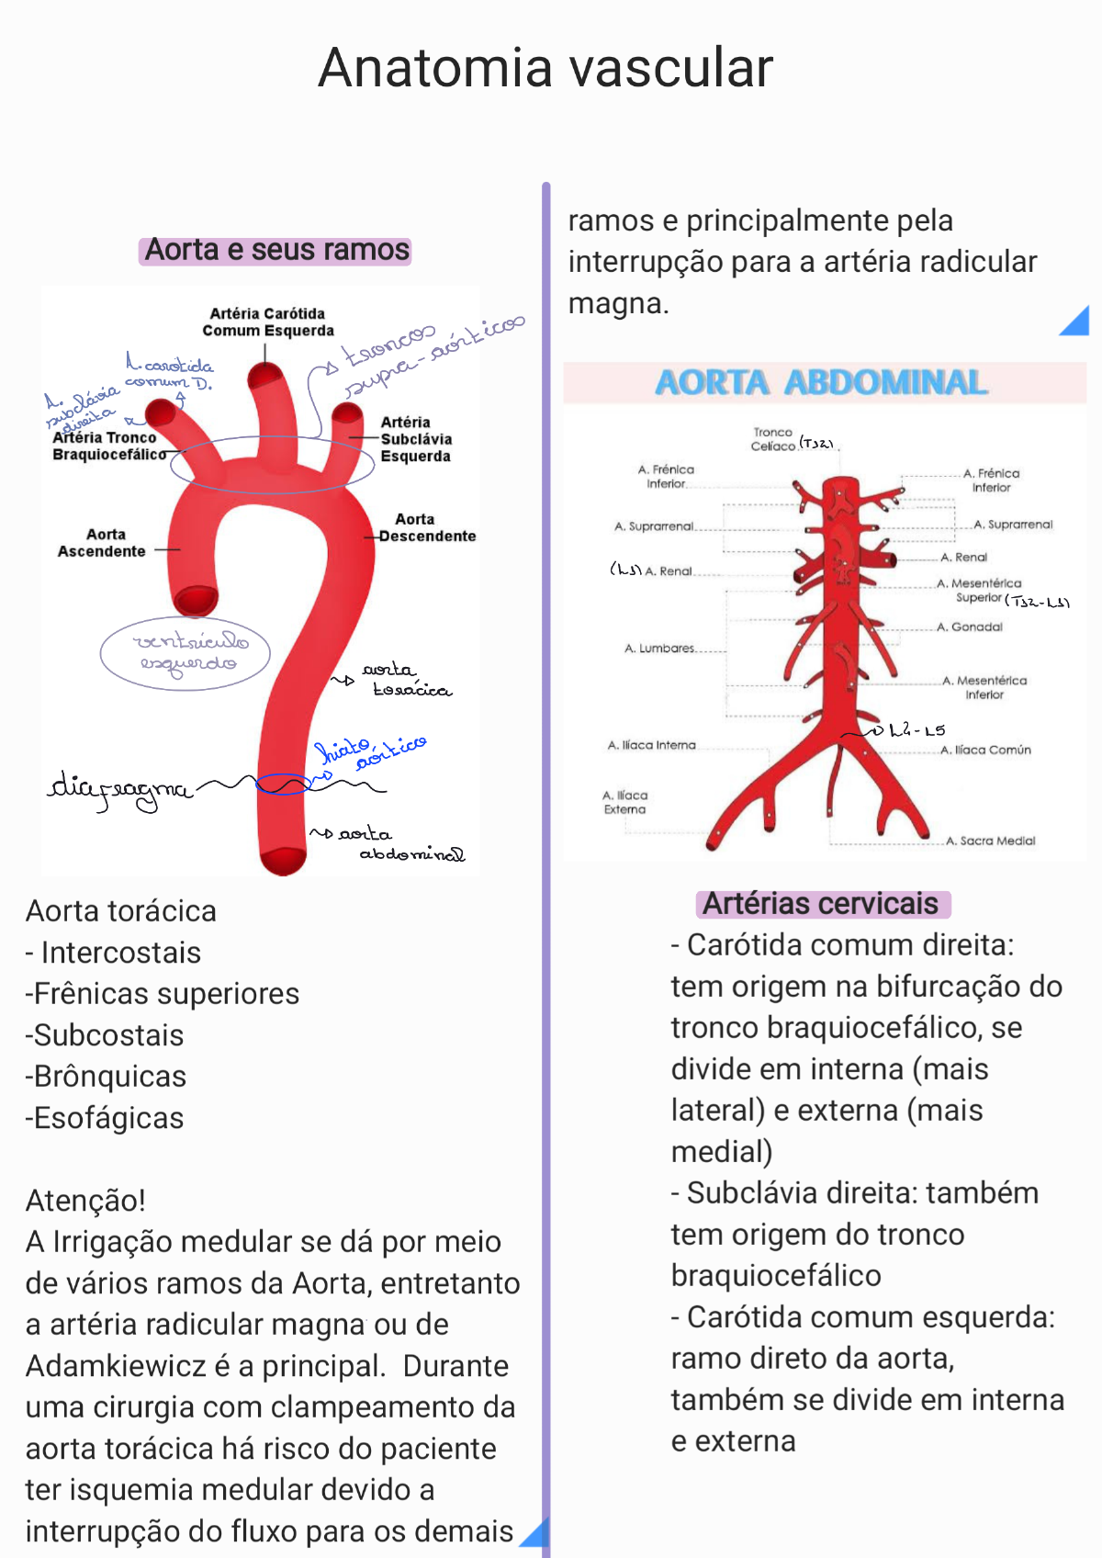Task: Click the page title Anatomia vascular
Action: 545,68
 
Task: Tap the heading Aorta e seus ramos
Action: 276,250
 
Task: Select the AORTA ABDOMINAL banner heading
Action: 821,382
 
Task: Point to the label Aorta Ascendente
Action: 102,543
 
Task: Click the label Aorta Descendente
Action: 426,528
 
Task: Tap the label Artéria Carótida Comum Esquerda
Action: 267,322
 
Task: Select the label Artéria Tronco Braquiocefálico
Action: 108,446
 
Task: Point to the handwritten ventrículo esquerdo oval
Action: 186,652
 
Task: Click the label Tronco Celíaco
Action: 772,439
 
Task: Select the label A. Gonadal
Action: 970,627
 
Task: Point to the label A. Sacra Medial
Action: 991,841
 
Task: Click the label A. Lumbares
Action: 659,649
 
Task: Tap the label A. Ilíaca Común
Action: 985,751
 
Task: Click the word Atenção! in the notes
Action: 85,1201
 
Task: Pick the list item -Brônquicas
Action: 106,1077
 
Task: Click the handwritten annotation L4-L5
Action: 916,731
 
